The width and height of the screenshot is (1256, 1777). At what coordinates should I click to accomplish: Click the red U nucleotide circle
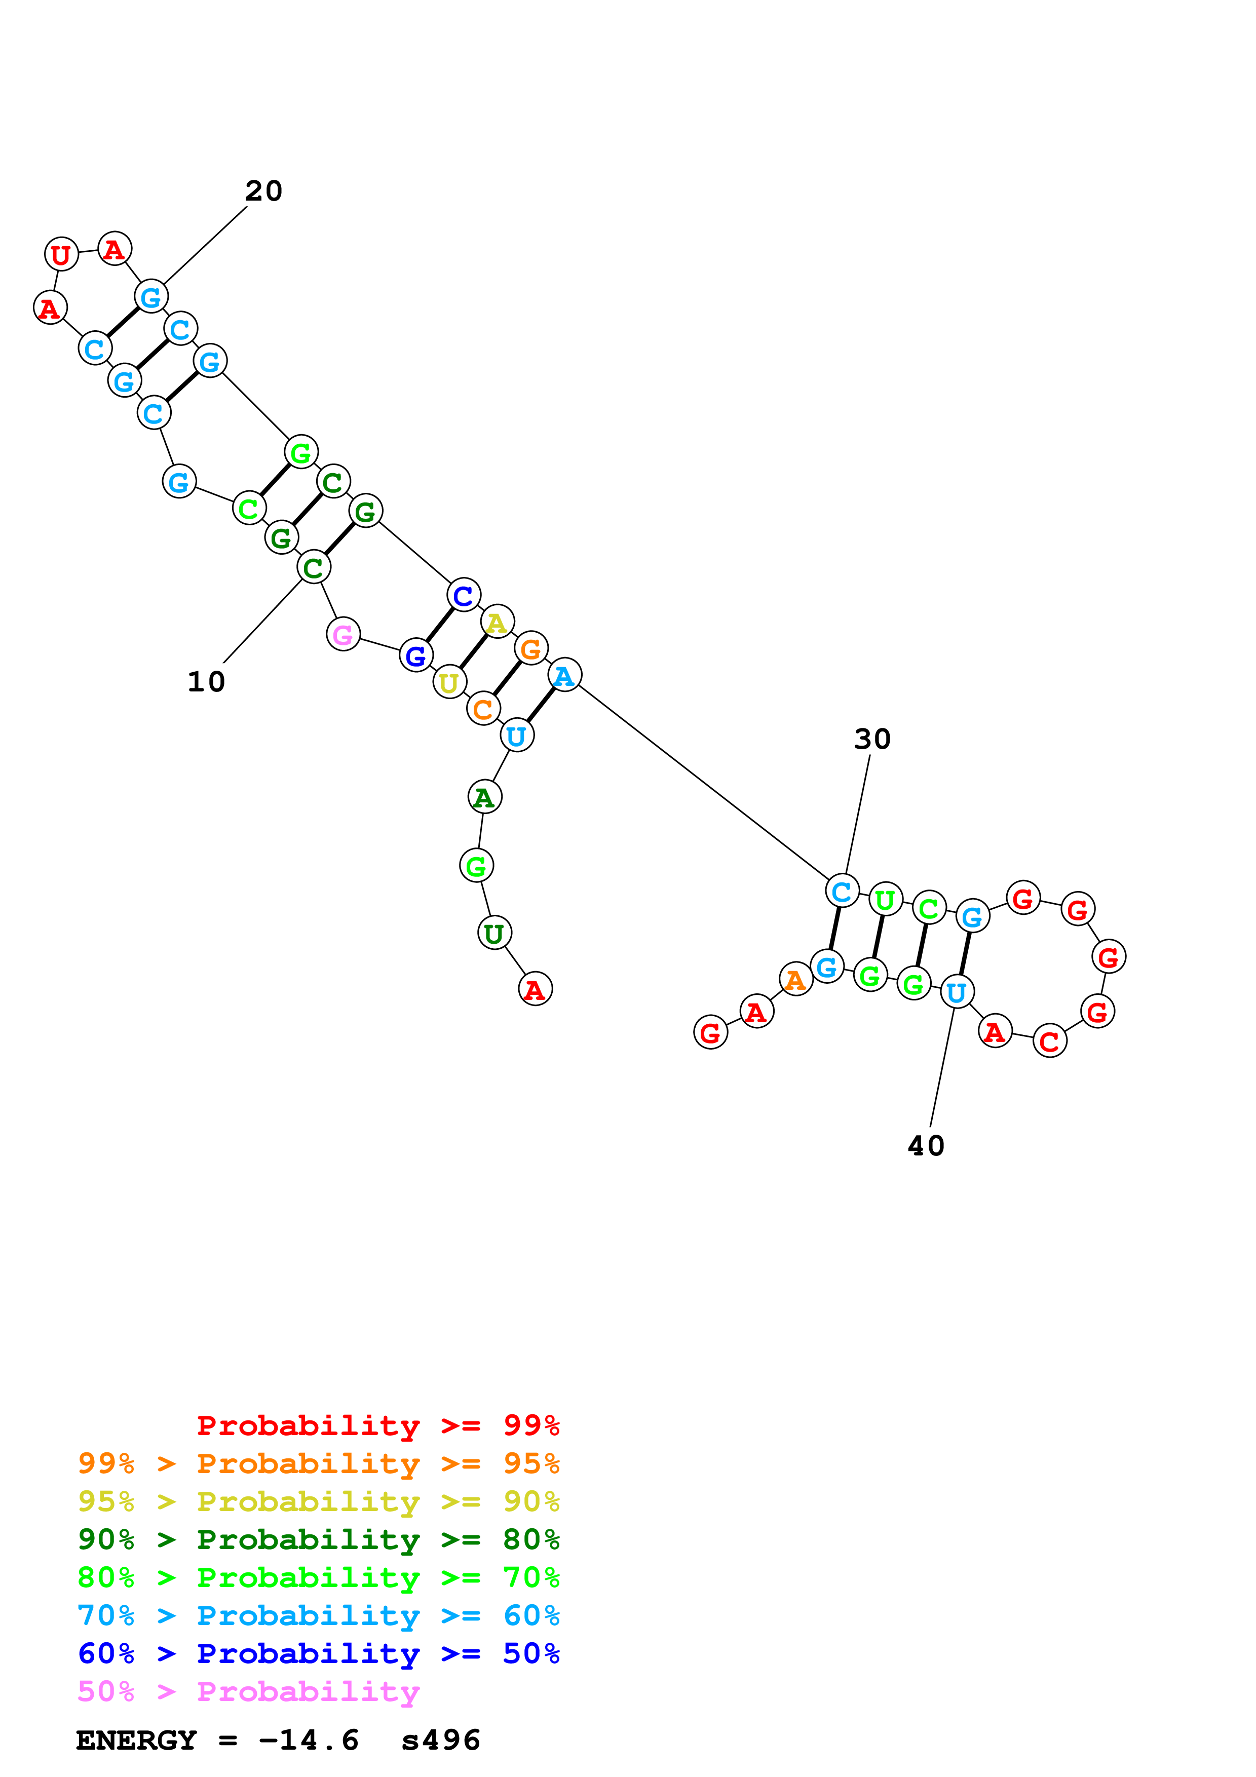point(61,254)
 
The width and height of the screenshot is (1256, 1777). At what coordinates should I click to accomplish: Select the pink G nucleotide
point(343,635)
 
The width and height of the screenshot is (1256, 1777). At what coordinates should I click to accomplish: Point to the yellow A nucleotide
point(497,622)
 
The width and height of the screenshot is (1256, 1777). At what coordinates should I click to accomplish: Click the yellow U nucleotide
point(449,683)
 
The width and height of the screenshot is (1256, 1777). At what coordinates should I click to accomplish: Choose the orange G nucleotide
point(531,648)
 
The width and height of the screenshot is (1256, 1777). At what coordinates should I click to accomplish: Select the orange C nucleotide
point(483,709)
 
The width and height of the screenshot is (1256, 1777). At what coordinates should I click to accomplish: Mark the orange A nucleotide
point(795,980)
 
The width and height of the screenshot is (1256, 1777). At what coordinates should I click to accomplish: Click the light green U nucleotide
point(885,899)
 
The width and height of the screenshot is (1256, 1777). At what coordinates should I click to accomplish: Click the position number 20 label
point(264,190)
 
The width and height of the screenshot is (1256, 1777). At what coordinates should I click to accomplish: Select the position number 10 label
point(206,682)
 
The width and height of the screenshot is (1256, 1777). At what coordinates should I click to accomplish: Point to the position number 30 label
point(872,739)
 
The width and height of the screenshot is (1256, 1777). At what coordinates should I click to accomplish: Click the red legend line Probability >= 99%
point(377,1425)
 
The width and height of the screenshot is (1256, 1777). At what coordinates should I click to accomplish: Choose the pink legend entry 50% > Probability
point(248,1691)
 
